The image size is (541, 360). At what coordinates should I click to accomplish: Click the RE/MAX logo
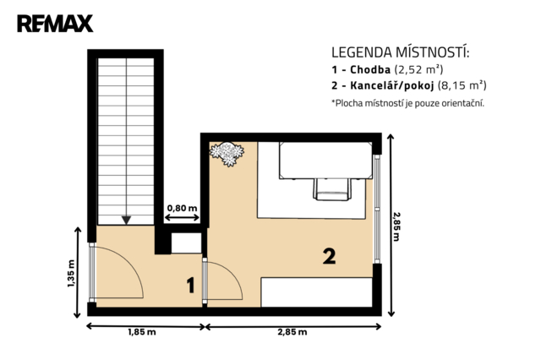click(55, 24)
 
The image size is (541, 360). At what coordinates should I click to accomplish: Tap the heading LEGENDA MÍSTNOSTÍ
click(401, 52)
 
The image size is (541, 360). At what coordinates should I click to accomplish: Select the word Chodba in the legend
click(370, 69)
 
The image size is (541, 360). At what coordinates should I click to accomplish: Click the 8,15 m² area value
click(462, 85)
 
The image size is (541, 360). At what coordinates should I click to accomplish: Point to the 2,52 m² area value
click(418, 69)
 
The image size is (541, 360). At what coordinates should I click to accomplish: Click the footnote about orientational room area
click(407, 103)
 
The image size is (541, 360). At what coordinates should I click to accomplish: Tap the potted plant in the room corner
click(227, 154)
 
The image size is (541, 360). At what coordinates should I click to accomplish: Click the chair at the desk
click(332, 189)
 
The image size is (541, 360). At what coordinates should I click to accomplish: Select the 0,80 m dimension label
click(183, 208)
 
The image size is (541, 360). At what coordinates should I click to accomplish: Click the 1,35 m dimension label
click(71, 274)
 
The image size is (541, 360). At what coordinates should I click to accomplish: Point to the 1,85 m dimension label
click(142, 332)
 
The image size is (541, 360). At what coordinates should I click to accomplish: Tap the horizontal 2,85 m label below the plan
click(292, 332)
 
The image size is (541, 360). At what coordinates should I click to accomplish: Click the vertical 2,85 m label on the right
click(396, 226)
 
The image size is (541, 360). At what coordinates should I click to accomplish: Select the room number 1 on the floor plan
click(190, 285)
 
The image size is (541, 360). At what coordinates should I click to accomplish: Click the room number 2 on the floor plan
click(329, 256)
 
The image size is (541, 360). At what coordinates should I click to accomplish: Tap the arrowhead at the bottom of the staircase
click(126, 220)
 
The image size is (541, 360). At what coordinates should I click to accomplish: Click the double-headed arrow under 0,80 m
click(183, 217)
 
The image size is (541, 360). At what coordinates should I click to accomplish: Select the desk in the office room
click(325, 161)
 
